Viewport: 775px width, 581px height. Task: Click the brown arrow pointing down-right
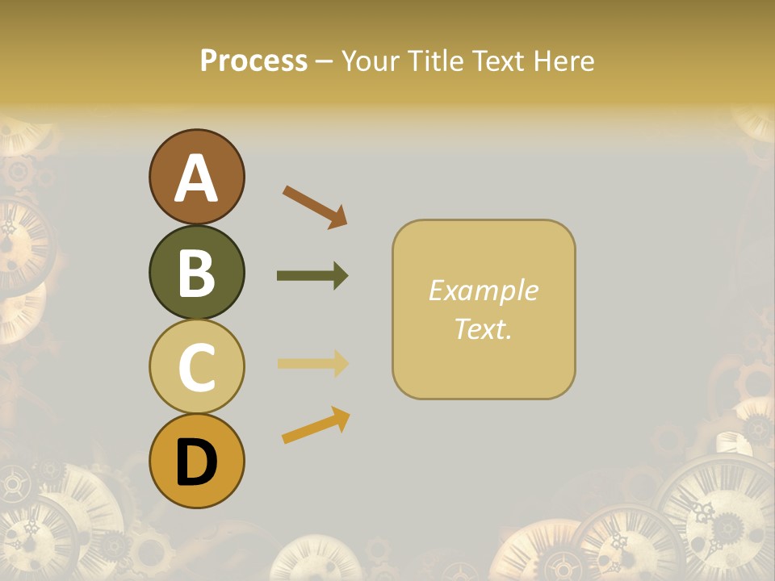tap(315, 207)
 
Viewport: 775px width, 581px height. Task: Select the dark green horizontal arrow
tap(312, 276)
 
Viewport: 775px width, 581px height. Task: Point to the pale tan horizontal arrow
tap(312, 363)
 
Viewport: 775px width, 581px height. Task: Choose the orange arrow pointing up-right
tap(316, 425)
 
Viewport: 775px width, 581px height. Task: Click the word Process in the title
tap(253, 61)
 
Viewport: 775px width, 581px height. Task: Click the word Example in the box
tap(483, 290)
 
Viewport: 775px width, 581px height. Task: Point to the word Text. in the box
tap(483, 328)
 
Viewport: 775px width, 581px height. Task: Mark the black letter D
tap(197, 462)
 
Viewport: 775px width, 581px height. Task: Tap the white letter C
tap(197, 368)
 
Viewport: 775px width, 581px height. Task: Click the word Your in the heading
tap(371, 61)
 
